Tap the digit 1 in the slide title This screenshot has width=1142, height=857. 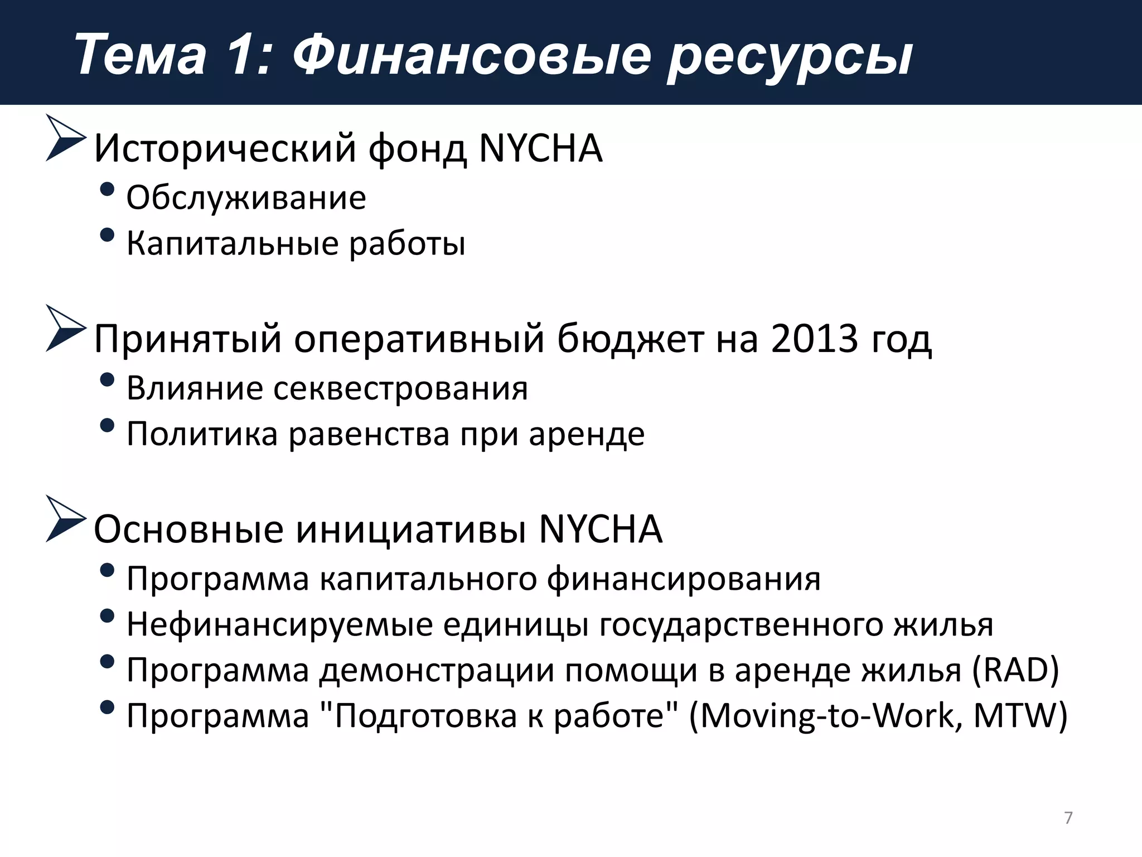[241, 55]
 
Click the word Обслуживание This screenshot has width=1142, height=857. [246, 198]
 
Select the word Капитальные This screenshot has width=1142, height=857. [233, 244]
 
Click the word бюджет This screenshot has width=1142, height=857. [630, 339]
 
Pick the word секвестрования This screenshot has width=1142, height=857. [400, 388]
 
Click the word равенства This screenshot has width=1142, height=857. [369, 434]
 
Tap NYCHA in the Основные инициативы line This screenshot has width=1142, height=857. [601, 529]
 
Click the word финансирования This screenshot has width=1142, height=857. [683, 579]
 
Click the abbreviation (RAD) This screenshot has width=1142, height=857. [1015, 670]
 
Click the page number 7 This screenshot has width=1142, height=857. [1068, 818]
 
